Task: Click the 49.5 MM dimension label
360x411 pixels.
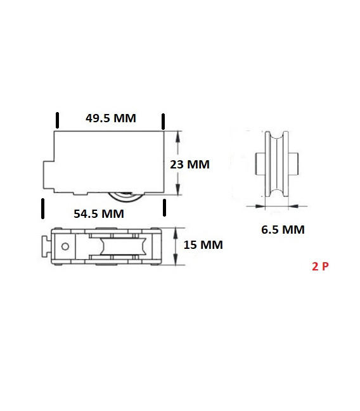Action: point(110,118)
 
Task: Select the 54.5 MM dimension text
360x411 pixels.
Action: point(98,213)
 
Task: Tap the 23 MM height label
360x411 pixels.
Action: point(190,164)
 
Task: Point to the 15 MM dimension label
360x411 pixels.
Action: point(203,244)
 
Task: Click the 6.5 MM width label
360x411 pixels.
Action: point(283,230)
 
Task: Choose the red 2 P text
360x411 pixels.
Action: point(320,267)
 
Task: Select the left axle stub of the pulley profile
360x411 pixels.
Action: point(258,164)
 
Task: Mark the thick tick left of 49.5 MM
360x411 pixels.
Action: point(58,121)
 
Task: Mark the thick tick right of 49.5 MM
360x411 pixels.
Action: point(164,121)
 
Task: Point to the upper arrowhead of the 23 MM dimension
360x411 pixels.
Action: point(178,135)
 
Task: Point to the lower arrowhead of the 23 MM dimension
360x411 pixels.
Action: point(178,191)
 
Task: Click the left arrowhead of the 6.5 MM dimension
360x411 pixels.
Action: point(260,205)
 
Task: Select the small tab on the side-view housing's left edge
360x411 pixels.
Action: point(48,174)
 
